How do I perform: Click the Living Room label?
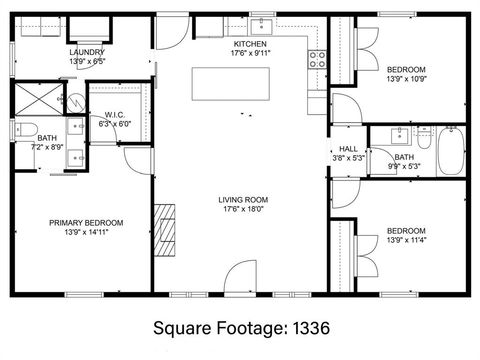pyautogui.click(x=243, y=199)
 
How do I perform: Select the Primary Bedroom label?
pyautogui.click(x=87, y=222)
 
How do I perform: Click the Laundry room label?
pyautogui.click(x=87, y=52)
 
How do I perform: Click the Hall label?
pyautogui.click(x=348, y=148)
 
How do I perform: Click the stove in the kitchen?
pyautogui.click(x=318, y=58)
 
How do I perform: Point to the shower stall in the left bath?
pyautogui.click(x=37, y=99)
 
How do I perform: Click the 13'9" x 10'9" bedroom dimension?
pyautogui.click(x=407, y=79)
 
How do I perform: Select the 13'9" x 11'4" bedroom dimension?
pyautogui.click(x=407, y=240)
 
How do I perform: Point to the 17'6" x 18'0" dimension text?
pyautogui.click(x=243, y=210)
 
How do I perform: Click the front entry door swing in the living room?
pyautogui.click(x=244, y=277)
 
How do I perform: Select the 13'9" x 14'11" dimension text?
pyautogui.click(x=87, y=233)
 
